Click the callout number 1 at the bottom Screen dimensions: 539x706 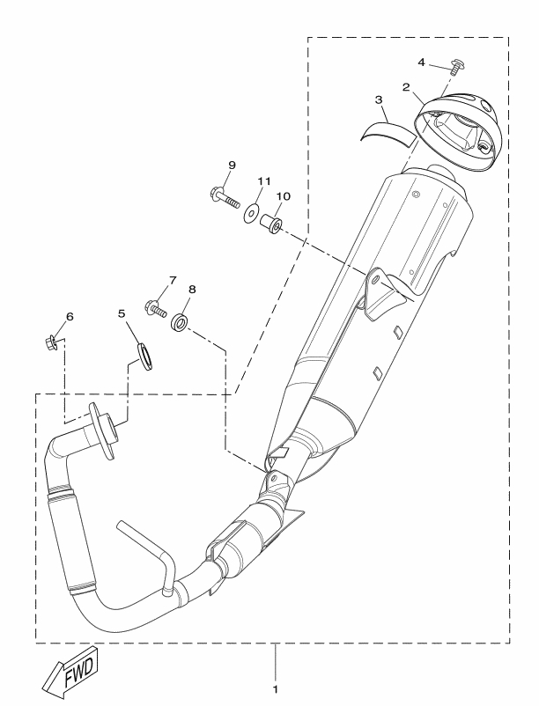(275, 689)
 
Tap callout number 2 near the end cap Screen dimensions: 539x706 (406, 87)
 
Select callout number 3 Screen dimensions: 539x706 (379, 99)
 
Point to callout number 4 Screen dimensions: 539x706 (421, 63)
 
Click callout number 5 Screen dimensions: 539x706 (122, 313)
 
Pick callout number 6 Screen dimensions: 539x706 (70, 317)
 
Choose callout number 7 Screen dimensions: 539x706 (173, 281)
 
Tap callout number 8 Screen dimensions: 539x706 (192, 290)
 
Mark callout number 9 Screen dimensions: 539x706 (232, 165)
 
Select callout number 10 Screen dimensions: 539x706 (284, 196)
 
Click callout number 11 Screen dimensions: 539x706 (264, 181)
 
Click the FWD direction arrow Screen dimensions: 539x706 (70, 670)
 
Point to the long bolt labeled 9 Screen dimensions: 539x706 (225, 196)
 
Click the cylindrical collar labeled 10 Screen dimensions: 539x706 (271, 224)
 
